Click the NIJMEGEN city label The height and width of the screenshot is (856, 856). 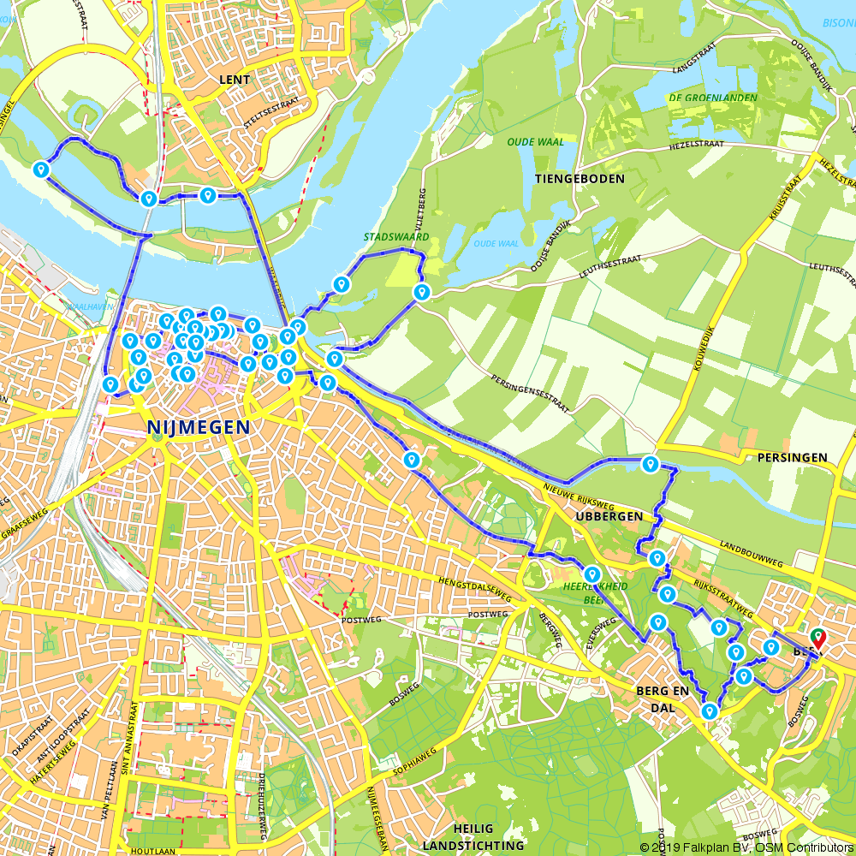coord(199,426)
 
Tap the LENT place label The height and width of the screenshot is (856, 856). coord(235,80)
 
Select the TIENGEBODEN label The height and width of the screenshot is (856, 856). coord(580,178)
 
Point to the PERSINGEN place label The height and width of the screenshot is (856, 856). coord(792,458)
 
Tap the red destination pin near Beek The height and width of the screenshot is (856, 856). coord(817,639)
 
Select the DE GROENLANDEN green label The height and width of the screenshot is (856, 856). coord(712,98)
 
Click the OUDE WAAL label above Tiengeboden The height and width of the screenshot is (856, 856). coord(536,142)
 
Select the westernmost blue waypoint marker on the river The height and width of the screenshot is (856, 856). coord(40,169)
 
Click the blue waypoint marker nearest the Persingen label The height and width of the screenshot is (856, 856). coord(651,465)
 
